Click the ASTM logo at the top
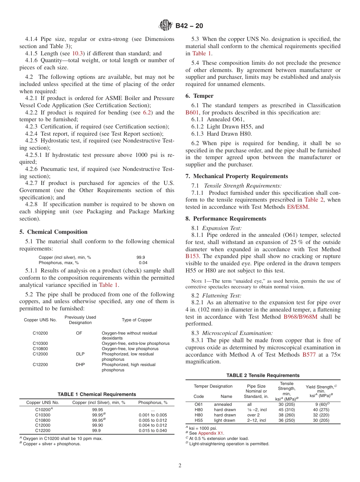coord(165,26)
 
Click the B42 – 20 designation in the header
coord(189,26)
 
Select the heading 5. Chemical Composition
coord(53,232)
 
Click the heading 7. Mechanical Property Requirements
coord(236,176)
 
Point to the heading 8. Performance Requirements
coord(225,219)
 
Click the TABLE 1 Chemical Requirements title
coord(97,394)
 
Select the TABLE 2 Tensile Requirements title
coord(263,376)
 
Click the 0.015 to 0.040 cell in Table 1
coord(153,431)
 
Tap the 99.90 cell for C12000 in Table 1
coord(97,426)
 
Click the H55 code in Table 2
coord(199,420)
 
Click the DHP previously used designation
coord(80,365)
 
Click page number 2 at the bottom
coord(180,466)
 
